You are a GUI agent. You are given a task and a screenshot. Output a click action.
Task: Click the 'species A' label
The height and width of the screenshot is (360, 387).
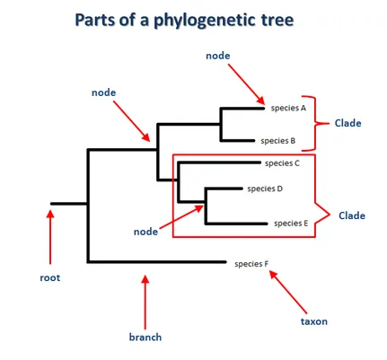[x=288, y=108]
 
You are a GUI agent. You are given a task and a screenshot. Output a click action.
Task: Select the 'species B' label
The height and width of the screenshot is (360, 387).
[x=278, y=141]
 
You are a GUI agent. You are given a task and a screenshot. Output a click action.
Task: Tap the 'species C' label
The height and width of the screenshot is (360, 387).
[x=282, y=163]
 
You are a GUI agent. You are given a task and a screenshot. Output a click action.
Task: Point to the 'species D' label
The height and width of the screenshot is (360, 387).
[x=265, y=189]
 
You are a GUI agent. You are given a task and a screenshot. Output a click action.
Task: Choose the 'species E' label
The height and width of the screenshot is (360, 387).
[x=291, y=224]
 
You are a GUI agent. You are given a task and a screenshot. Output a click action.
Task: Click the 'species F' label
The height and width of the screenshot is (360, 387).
[x=251, y=264]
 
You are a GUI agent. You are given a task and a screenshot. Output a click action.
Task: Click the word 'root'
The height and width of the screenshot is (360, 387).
[x=50, y=277]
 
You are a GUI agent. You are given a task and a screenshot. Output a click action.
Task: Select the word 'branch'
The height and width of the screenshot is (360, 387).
[x=145, y=337]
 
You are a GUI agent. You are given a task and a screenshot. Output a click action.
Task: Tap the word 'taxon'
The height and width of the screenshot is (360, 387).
[x=314, y=321]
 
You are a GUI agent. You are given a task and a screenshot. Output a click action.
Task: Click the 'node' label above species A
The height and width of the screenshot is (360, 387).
[x=218, y=56]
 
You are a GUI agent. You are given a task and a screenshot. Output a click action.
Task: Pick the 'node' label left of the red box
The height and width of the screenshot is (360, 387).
[x=145, y=232]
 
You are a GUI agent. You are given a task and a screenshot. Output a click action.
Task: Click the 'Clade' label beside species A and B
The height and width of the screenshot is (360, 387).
[x=347, y=123]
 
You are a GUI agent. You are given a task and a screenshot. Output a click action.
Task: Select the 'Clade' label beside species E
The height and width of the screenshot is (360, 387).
[x=352, y=215]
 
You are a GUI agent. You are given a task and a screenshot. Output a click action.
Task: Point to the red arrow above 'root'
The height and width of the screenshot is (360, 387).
[x=50, y=237]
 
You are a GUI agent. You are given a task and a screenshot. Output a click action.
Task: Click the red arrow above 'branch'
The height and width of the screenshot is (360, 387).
[x=145, y=303]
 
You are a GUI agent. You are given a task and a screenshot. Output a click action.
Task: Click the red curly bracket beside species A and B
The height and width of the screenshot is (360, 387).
[x=315, y=123]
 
